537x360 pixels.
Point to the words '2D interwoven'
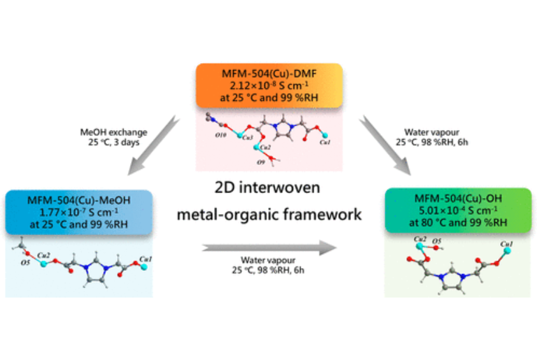coord(268,188)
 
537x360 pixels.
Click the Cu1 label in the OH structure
coord(507,245)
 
